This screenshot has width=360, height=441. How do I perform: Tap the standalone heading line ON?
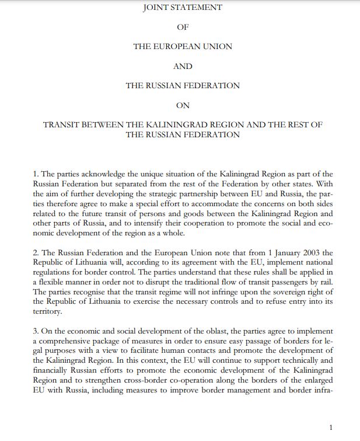point(183,105)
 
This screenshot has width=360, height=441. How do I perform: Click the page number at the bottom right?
point(331,428)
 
